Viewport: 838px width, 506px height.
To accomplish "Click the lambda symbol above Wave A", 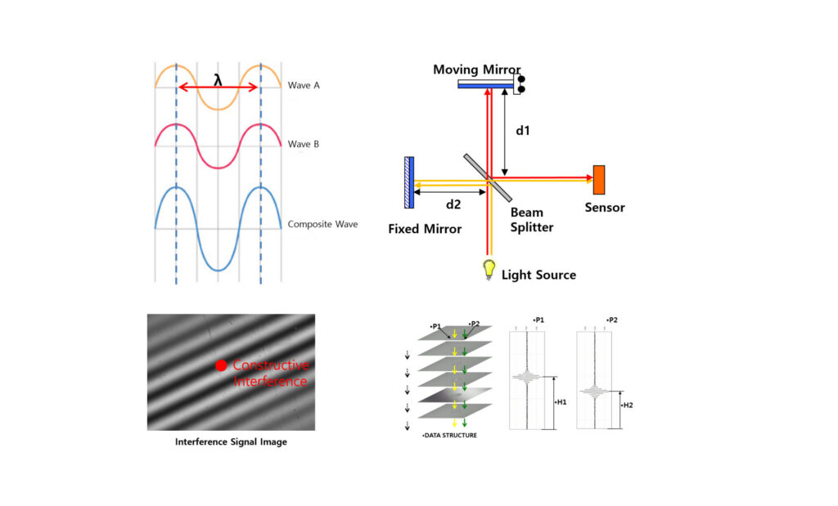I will pyautogui.click(x=217, y=80).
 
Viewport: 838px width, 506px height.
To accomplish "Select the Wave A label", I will pyautogui.click(x=304, y=85).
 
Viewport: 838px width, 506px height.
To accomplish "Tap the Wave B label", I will pyautogui.click(x=304, y=145).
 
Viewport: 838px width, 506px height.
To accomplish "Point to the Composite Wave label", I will pyautogui.click(x=322, y=223).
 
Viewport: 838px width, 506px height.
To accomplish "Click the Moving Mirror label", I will pyautogui.click(x=477, y=69).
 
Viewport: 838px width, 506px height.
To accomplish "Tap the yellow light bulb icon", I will pyautogui.click(x=489, y=267).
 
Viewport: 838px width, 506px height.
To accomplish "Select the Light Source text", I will pyautogui.click(x=538, y=275).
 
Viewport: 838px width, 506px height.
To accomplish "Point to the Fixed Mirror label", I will pyautogui.click(x=425, y=229).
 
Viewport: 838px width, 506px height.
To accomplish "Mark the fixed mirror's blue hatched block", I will pyautogui.click(x=409, y=181).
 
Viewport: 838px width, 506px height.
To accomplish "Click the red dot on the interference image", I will pyautogui.click(x=221, y=366).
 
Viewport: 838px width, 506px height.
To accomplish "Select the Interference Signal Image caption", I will pyautogui.click(x=232, y=442).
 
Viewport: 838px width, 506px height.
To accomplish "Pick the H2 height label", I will pyautogui.click(x=628, y=405).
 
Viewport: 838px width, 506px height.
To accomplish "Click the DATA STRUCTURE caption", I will pyautogui.click(x=449, y=436).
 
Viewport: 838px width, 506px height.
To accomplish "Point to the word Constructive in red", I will pyautogui.click(x=270, y=365).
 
